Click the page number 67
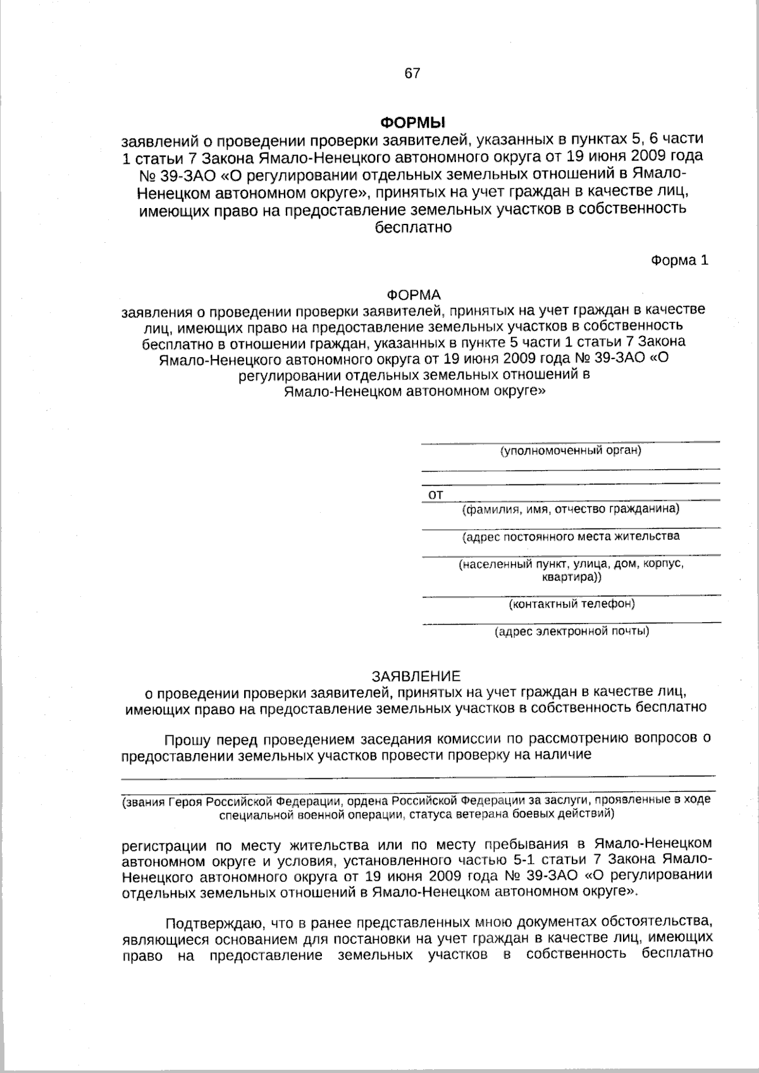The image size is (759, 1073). point(412,73)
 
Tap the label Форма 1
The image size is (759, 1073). point(680,261)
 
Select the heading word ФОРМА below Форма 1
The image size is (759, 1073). point(413,295)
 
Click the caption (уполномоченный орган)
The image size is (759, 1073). point(571,451)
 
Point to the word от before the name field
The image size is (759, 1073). point(436,495)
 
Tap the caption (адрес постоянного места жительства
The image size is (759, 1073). point(571,537)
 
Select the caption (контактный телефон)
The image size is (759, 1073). point(572,604)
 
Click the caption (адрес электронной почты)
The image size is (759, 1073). point(571,631)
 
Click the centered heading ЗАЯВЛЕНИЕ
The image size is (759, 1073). point(416,676)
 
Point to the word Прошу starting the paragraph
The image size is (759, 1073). point(187,739)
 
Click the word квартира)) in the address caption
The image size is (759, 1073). point(572,577)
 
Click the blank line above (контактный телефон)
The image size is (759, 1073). point(571,595)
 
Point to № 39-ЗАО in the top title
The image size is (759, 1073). point(174,174)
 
